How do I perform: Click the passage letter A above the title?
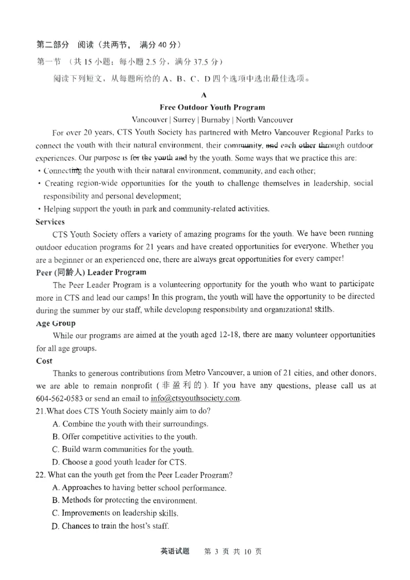[x=204, y=95]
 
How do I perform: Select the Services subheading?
[x=50, y=222]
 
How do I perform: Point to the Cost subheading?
[x=44, y=361]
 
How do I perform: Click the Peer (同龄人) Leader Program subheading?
[x=91, y=272]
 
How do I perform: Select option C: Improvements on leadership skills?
[x=115, y=513]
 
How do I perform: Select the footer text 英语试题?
[x=175, y=551]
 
